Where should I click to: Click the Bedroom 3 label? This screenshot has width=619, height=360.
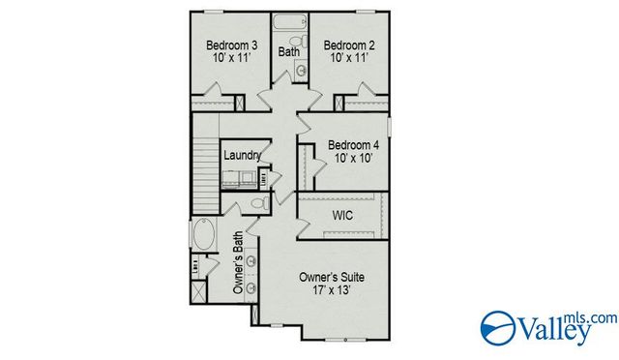(x=231, y=45)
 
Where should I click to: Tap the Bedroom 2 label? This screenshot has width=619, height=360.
(x=348, y=45)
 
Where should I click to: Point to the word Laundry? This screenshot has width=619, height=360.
(x=242, y=156)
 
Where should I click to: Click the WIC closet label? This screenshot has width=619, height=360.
(x=341, y=215)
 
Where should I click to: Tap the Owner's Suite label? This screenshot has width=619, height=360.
(x=333, y=278)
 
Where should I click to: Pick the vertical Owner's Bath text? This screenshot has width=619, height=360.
(x=238, y=262)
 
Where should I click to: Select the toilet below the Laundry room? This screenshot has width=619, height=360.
(x=258, y=204)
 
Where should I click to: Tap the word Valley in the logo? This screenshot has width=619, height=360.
(x=555, y=331)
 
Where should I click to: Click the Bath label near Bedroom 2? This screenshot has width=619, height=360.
(x=288, y=50)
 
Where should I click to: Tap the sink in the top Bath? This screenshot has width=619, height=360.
(x=301, y=70)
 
